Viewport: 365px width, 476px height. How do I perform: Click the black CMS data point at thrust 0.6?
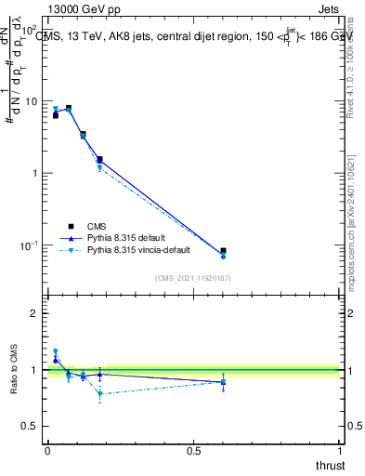(x=223, y=251)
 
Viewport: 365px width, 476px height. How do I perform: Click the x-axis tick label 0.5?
(x=193, y=450)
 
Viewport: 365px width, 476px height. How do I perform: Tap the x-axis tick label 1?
(x=339, y=450)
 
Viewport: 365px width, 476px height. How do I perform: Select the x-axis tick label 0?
(x=47, y=450)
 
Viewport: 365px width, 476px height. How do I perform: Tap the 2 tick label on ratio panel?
(x=34, y=313)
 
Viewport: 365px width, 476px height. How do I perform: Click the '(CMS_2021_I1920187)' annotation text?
(x=193, y=278)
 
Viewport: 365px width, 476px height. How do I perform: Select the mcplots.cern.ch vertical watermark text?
(x=354, y=214)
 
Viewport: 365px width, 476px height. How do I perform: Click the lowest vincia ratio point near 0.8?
(x=99, y=394)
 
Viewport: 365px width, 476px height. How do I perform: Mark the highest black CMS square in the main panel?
(x=68, y=109)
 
